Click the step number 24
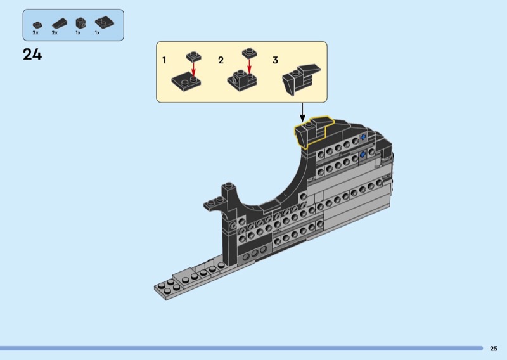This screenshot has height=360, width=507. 32,55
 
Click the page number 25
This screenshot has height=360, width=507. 494,349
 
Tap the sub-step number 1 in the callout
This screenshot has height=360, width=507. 164,60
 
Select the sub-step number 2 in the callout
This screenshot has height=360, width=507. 221,60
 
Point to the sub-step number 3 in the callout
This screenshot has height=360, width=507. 275,60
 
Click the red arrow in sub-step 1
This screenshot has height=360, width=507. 193,70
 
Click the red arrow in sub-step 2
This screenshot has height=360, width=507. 249,66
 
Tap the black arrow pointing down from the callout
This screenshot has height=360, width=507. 302,113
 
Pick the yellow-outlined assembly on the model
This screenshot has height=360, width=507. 312,131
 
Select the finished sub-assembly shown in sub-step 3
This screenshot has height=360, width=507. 300,79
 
